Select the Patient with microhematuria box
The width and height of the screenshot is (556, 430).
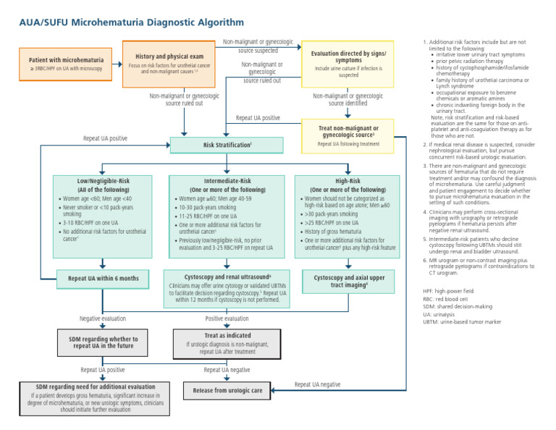66,64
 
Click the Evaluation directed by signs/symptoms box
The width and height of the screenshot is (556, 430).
347,63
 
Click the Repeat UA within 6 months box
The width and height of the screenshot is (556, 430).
103,278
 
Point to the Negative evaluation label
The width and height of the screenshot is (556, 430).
102,319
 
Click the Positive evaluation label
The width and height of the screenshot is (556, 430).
227,319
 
